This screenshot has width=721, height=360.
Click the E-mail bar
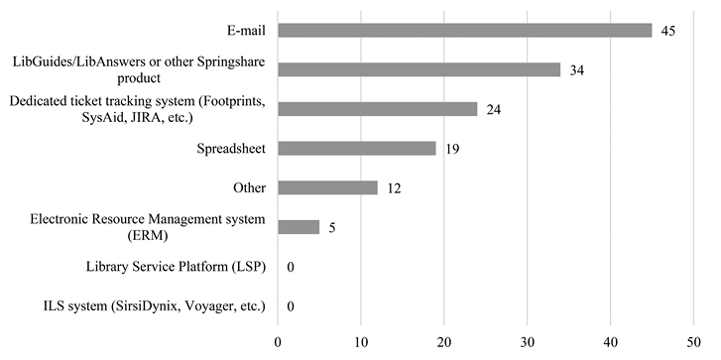(464, 31)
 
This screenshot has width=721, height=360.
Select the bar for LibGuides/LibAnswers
(419, 70)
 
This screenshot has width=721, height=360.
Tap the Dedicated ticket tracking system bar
(377, 109)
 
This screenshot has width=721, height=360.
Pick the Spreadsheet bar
(356, 149)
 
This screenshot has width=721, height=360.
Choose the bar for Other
(327, 187)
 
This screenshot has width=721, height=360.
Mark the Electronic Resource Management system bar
(299, 227)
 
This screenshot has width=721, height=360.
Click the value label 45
(668, 31)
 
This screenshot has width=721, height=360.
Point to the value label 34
(577, 70)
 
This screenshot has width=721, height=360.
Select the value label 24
(494, 109)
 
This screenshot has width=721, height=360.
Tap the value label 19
(452, 149)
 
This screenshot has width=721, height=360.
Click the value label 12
(395, 187)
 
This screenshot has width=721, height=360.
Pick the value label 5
(332, 227)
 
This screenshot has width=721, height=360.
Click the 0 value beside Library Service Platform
(290, 267)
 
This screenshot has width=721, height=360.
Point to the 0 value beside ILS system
(290, 305)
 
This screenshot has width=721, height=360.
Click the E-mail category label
(242, 31)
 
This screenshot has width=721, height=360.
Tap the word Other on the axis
(248, 187)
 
